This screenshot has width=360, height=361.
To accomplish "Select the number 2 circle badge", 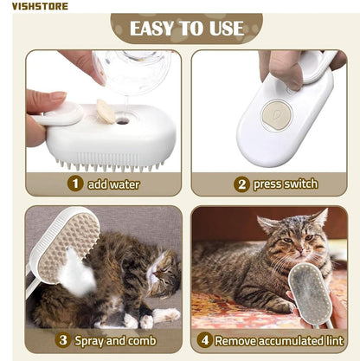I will click(241, 184).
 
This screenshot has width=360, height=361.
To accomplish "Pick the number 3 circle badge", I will click(61, 340).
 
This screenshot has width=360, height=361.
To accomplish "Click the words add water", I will click(112, 184).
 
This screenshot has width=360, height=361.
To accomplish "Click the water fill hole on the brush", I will click(122, 120).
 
